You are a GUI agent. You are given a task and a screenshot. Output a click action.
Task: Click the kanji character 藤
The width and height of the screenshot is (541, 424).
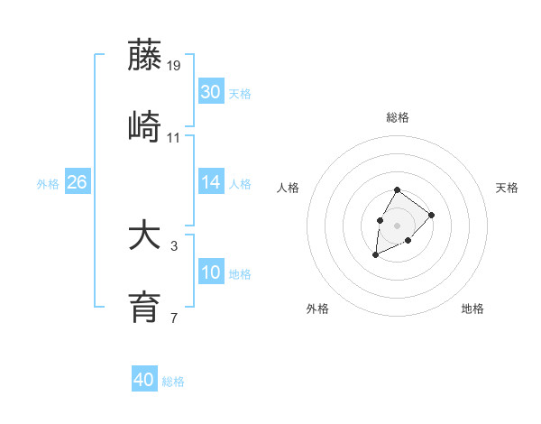[x=145, y=55]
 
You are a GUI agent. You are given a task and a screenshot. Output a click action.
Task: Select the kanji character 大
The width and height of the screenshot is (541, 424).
[x=145, y=237]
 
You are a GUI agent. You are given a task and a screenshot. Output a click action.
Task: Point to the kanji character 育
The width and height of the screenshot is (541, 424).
[x=145, y=307]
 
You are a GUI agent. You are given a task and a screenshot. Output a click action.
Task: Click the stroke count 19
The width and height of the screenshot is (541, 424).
[x=174, y=66]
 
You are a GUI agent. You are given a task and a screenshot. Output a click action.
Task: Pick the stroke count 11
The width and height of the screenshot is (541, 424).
[x=174, y=138]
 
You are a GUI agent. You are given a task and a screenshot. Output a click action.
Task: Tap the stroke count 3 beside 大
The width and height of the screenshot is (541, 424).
[x=174, y=245]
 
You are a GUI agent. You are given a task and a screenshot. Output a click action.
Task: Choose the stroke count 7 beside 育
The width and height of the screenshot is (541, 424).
[x=174, y=318]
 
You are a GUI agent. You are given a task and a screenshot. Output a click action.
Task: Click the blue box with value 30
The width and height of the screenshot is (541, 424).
[x=210, y=91]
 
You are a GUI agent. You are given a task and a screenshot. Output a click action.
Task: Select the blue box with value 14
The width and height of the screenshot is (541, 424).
[x=210, y=182]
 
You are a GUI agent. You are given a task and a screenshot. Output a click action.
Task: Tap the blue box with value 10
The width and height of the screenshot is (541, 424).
[x=210, y=272]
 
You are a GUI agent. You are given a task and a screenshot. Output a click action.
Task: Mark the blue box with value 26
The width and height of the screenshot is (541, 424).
[x=77, y=182]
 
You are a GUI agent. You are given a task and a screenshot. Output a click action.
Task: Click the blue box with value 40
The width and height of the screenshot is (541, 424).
[x=144, y=380]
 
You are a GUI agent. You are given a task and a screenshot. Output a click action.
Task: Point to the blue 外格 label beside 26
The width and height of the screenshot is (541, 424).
[x=48, y=184]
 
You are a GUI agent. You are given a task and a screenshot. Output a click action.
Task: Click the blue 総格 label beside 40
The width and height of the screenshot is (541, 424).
[x=173, y=382]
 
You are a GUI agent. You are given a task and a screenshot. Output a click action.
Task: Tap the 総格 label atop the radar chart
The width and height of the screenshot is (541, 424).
[x=398, y=117]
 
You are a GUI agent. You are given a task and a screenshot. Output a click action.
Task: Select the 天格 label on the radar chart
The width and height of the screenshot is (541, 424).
[x=507, y=188]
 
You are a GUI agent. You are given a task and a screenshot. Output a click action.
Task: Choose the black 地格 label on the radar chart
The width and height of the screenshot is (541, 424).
[x=472, y=309]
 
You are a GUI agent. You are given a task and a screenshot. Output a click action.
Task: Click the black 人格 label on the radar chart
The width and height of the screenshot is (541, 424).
[x=289, y=188]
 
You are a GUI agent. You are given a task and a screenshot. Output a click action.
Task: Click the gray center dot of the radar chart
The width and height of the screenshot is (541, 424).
[x=397, y=224]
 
